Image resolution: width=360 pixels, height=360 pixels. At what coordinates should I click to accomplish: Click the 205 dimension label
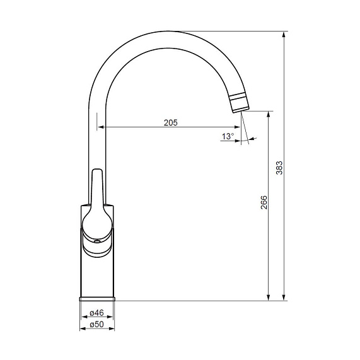171,123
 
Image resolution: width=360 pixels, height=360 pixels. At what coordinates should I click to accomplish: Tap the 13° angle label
228,136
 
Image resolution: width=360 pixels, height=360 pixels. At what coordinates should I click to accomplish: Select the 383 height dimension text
279,168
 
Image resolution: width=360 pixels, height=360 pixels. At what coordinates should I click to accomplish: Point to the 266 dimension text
264,202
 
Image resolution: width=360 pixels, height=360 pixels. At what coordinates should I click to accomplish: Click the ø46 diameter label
97,313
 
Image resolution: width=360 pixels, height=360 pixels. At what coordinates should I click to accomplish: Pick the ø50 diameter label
97,324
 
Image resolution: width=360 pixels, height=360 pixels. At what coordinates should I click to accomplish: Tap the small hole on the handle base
97,241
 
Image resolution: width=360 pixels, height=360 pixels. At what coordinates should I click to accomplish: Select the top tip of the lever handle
97,170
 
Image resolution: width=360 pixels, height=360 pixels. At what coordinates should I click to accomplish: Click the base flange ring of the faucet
97,299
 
